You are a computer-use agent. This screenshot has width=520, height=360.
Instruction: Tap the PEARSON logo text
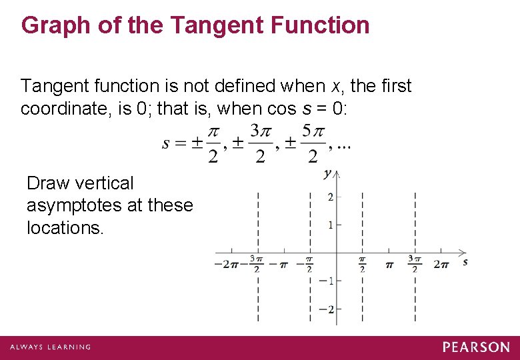476,347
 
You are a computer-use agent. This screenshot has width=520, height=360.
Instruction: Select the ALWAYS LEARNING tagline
51,347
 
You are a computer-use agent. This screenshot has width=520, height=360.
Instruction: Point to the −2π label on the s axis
227,265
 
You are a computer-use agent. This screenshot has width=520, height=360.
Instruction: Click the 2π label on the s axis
441,265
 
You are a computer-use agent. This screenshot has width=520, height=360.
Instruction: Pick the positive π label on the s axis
389,265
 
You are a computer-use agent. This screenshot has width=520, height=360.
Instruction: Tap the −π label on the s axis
283,265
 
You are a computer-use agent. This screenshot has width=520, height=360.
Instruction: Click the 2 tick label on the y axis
330,197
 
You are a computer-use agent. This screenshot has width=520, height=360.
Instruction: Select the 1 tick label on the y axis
330,225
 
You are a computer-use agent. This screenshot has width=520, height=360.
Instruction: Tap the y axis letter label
327,174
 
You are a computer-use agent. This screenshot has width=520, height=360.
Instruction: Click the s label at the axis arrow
465,262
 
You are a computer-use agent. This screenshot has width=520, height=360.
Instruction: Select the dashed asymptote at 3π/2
415,220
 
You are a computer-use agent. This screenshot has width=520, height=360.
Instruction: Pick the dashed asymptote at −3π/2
257,220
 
